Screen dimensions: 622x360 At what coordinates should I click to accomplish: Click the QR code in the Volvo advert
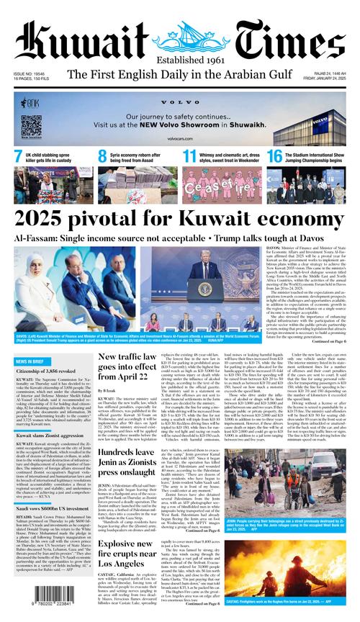point(31,125)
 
